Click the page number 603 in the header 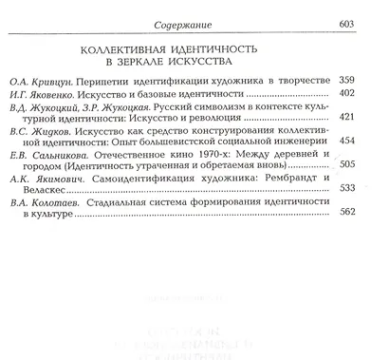364,23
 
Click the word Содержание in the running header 195,23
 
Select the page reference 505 364,196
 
